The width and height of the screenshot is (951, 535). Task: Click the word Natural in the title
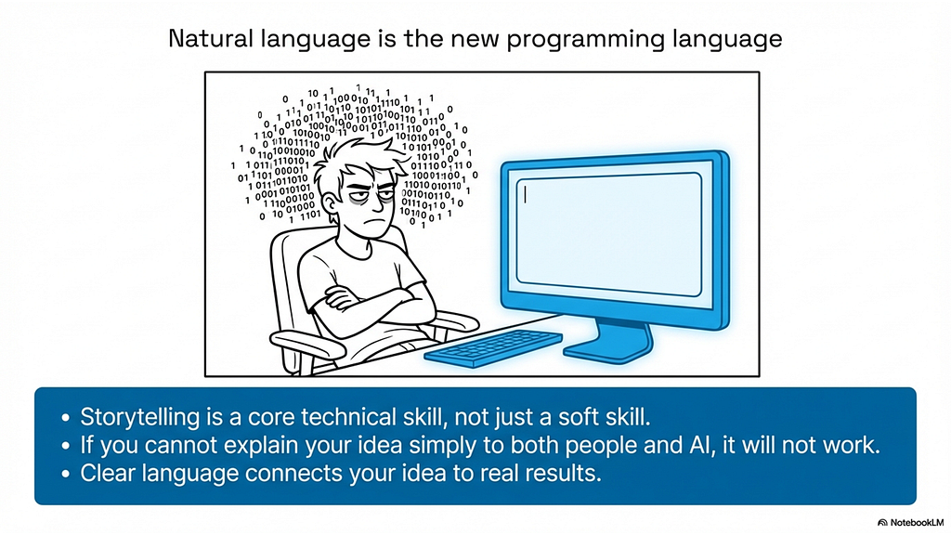pos(211,39)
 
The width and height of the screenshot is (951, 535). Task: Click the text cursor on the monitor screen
pos(526,194)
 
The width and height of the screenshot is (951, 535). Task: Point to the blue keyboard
pos(493,347)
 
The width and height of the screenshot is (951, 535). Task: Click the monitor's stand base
pos(608,347)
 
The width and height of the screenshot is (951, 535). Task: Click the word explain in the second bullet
pos(261,446)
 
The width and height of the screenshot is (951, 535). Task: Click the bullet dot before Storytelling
pos(66,418)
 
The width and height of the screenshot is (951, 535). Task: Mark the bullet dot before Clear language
pos(66,474)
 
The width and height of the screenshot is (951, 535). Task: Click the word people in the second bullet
pos(599,446)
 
